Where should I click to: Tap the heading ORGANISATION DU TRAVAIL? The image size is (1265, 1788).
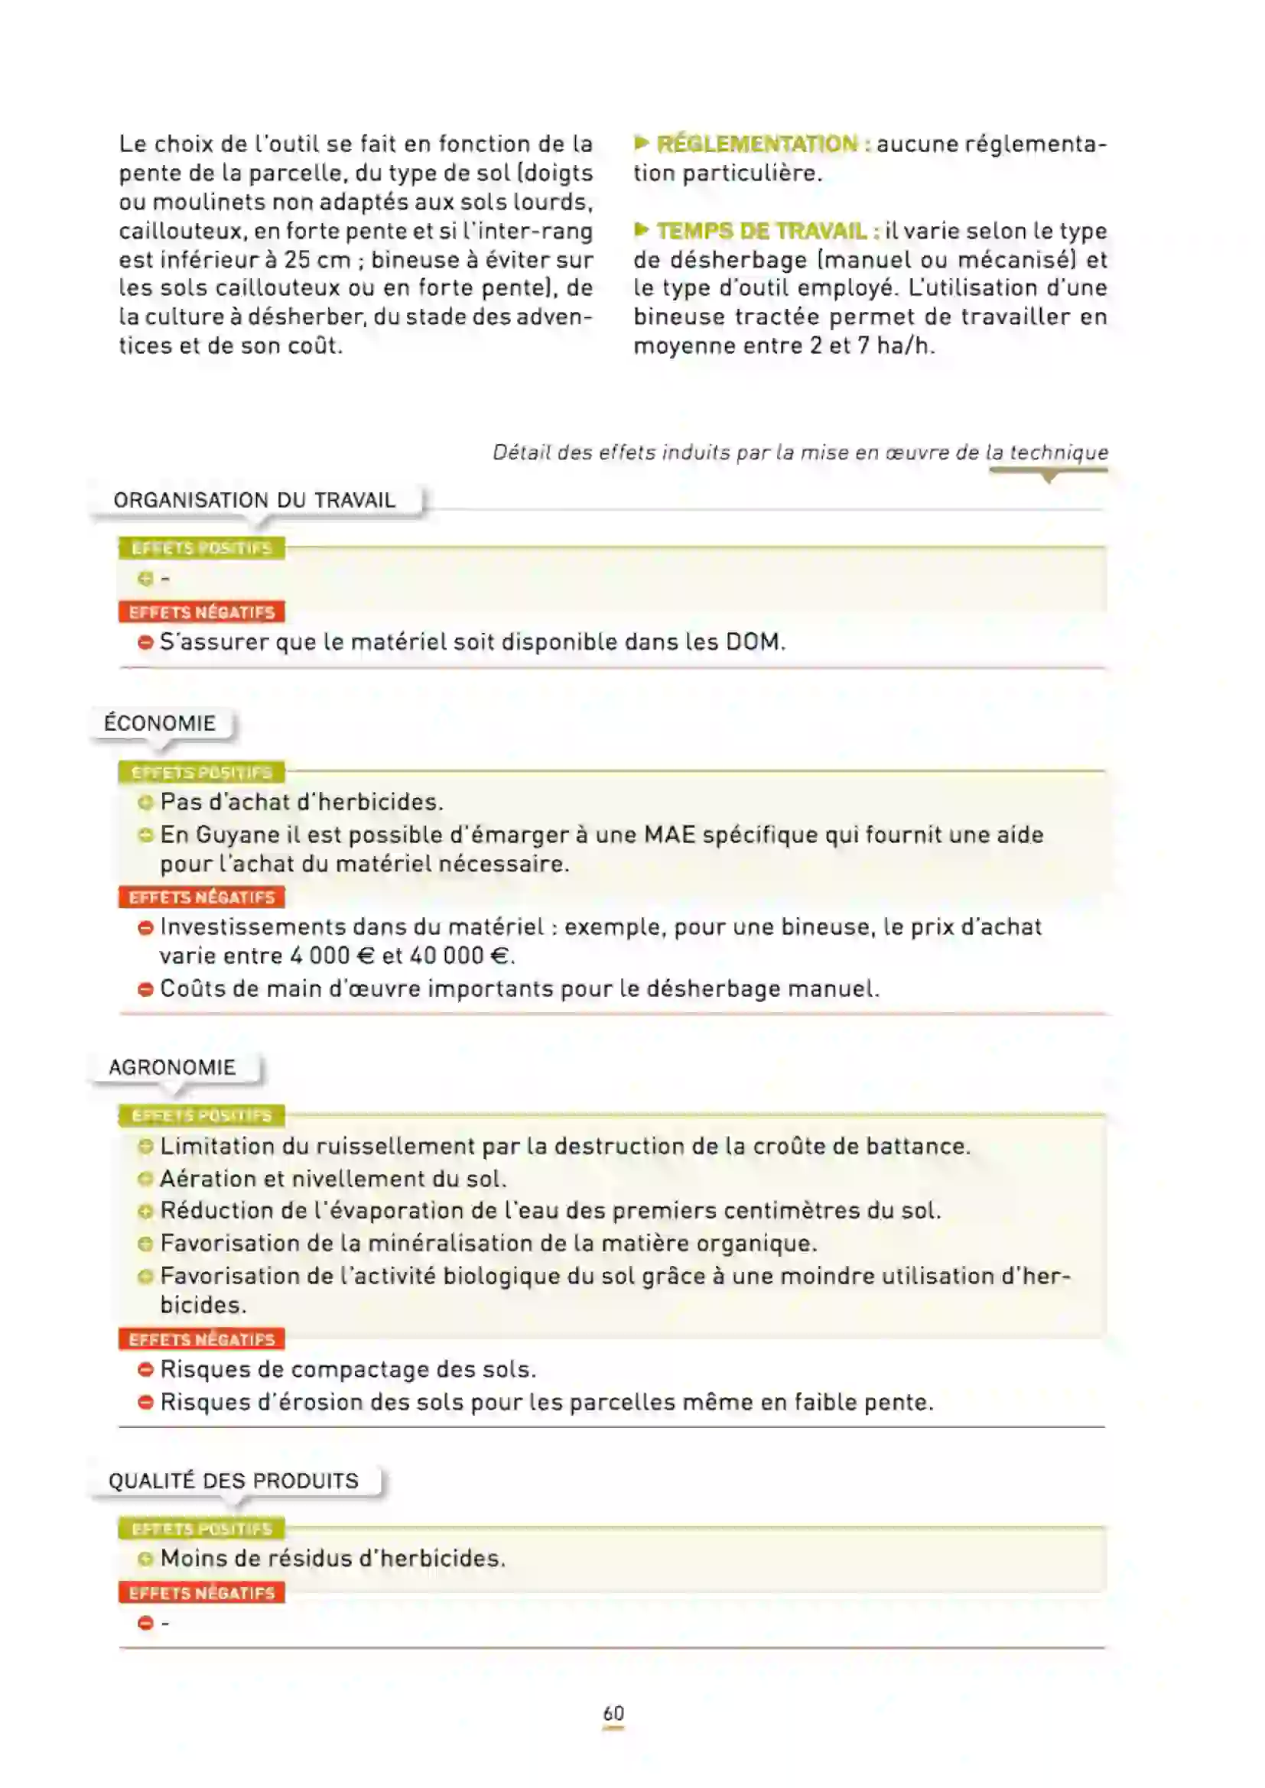(254, 500)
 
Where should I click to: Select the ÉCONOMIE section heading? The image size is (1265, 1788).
(160, 722)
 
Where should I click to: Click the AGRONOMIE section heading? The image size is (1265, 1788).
(171, 1067)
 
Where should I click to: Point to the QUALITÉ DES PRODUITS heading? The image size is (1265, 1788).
(233, 1481)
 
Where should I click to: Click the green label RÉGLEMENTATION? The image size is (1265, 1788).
(756, 144)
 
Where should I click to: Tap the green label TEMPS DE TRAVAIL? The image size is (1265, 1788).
(761, 232)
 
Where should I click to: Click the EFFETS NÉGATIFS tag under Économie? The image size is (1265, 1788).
(202, 897)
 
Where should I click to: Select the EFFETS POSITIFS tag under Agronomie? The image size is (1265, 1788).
(202, 1116)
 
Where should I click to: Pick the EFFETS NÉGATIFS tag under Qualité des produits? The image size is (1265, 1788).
(202, 1592)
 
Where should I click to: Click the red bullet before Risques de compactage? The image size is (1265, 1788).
(145, 1369)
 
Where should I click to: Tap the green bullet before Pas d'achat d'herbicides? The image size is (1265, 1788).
(145, 802)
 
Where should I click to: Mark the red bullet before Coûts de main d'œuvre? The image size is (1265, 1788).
(145, 989)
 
